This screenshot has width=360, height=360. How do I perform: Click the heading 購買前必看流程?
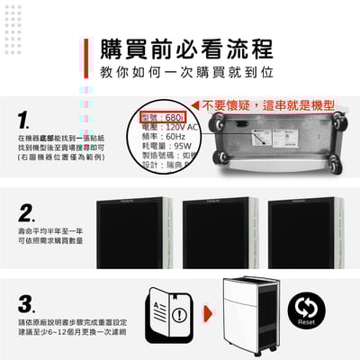[x=186, y=48]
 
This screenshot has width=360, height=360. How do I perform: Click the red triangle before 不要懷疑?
[x=194, y=105]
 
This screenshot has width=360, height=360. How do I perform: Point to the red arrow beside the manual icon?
[x=207, y=315]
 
